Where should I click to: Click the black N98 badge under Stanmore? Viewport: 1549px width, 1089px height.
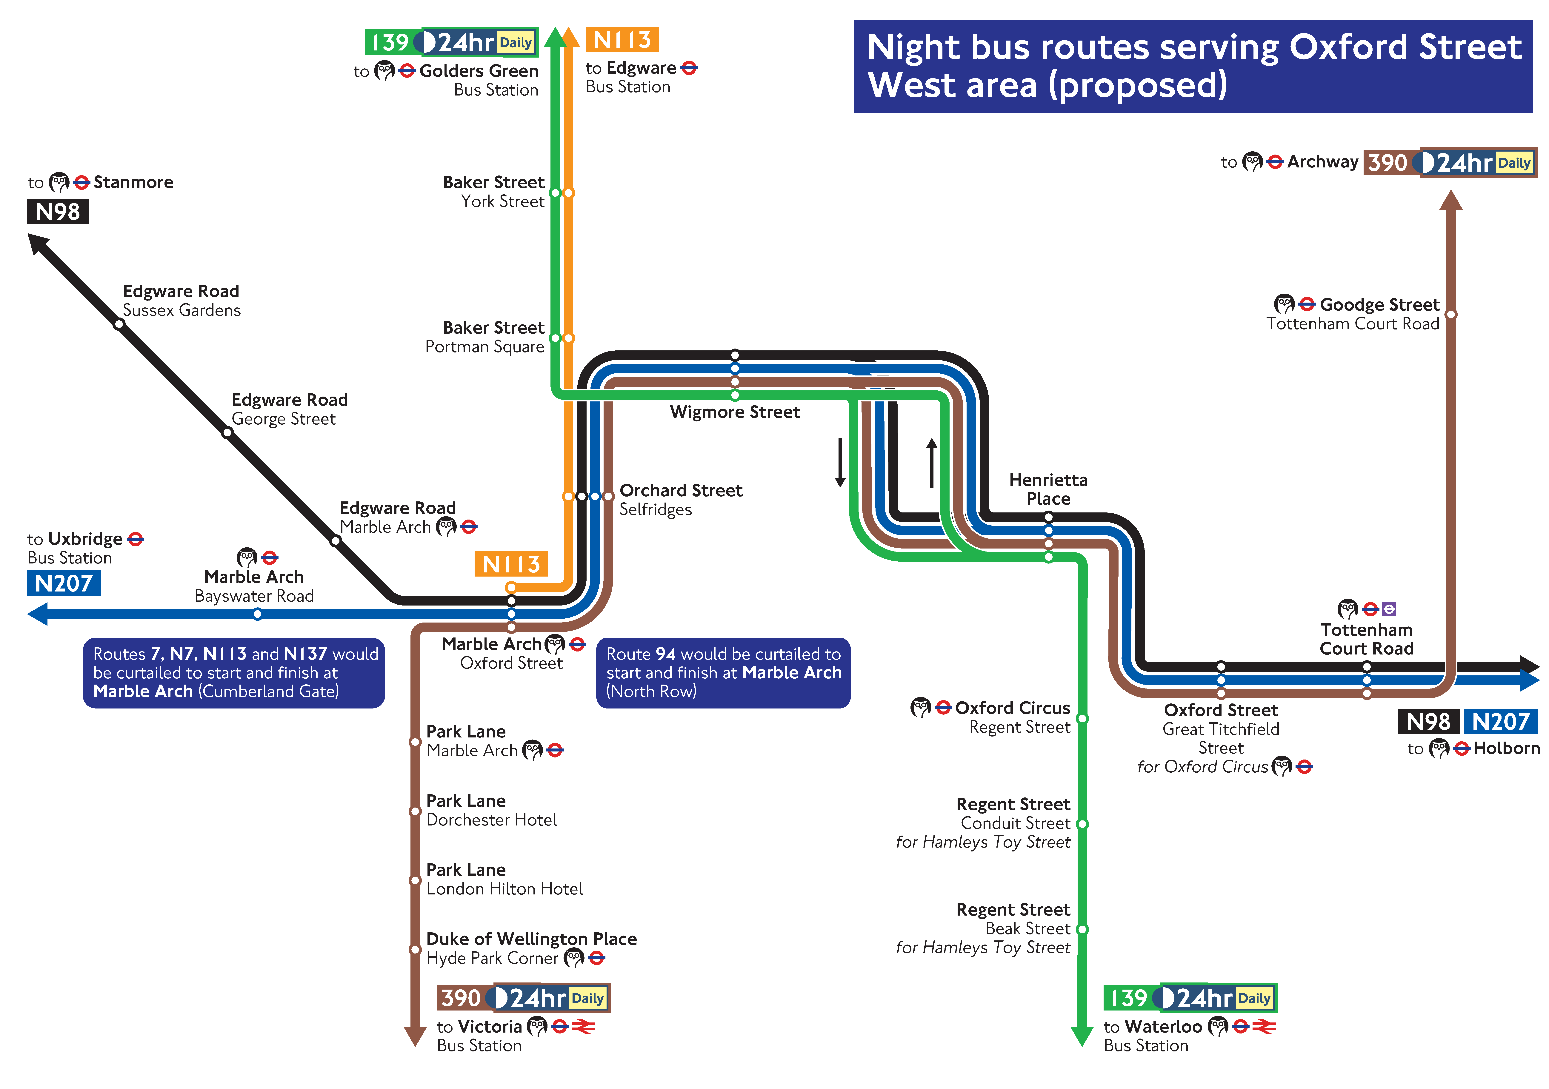58,212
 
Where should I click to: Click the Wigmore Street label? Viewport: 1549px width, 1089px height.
735,412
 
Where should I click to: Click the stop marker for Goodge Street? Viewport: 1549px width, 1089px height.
1451,314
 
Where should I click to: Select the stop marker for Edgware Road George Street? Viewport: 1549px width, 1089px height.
227,432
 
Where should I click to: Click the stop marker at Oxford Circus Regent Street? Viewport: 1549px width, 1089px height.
1082,719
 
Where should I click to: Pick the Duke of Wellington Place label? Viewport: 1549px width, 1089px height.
532,939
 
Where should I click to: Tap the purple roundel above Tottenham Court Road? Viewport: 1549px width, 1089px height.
1388,609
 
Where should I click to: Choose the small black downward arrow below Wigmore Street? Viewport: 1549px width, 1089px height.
840,463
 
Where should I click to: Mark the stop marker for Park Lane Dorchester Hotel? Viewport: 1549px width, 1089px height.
416,811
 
